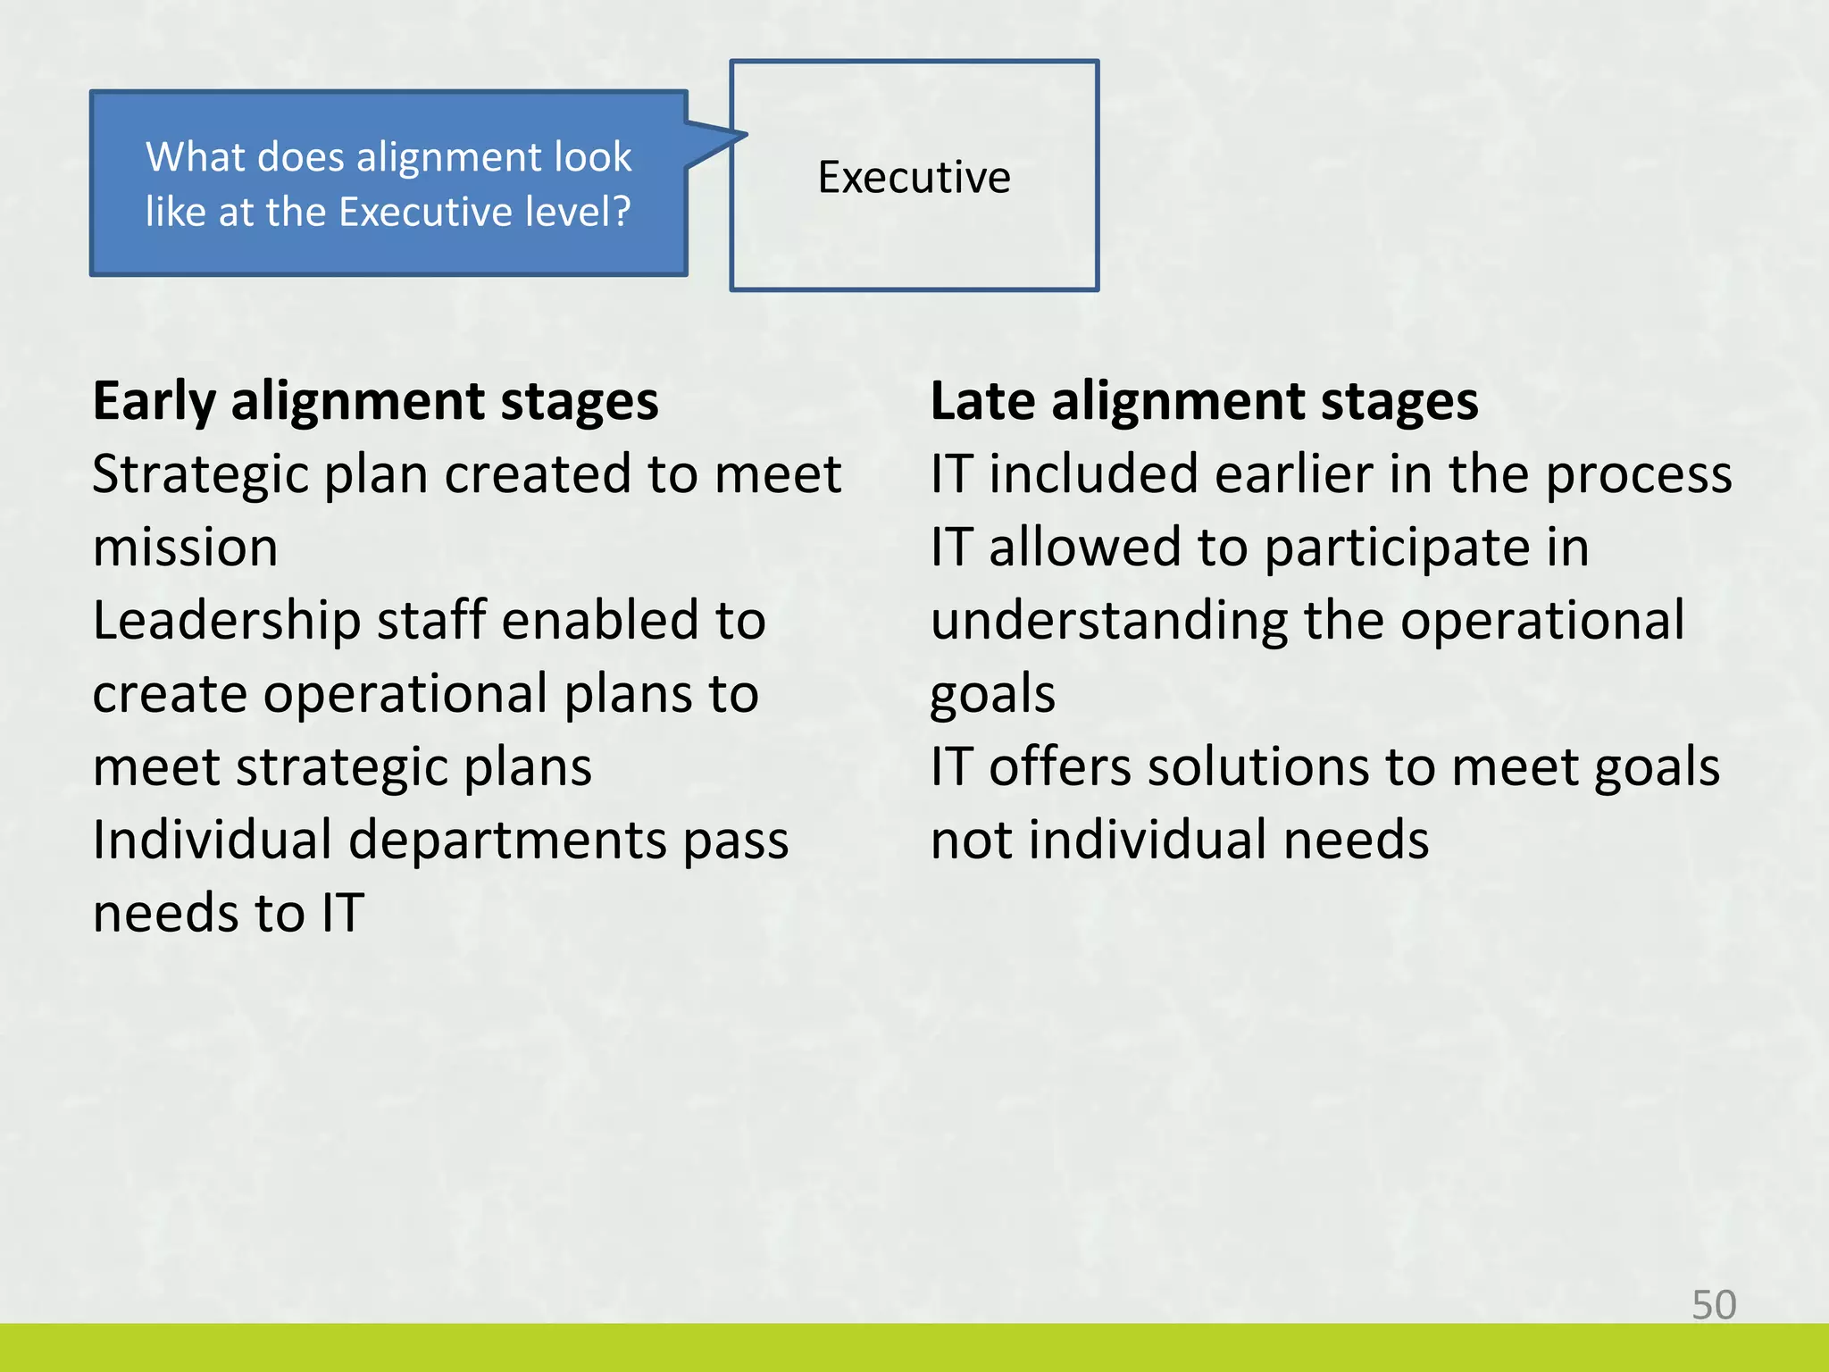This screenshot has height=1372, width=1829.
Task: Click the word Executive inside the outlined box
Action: point(914,177)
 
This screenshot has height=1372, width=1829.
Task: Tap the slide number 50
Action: point(1714,1305)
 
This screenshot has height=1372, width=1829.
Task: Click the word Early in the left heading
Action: point(154,402)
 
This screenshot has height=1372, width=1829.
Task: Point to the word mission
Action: point(185,548)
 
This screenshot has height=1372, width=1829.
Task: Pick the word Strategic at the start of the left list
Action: point(198,475)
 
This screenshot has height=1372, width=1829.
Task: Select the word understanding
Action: point(1110,622)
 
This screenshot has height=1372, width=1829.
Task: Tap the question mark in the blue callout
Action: point(619,212)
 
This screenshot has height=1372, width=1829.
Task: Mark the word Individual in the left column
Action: point(212,841)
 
